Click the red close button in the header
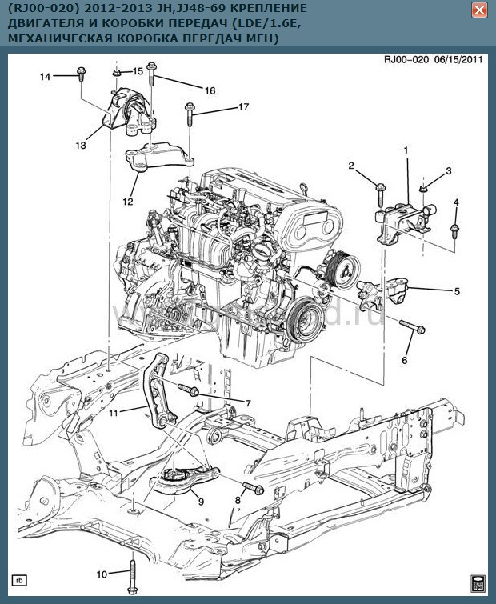(x=479, y=10)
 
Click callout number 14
(x=46, y=77)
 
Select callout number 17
(x=221, y=106)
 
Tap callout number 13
(x=81, y=146)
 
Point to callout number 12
(x=127, y=202)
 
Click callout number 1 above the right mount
(x=406, y=150)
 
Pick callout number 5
(x=457, y=292)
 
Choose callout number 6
(x=404, y=360)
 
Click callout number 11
(x=114, y=413)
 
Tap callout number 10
(x=101, y=574)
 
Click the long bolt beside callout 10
(x=129, y=573)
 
